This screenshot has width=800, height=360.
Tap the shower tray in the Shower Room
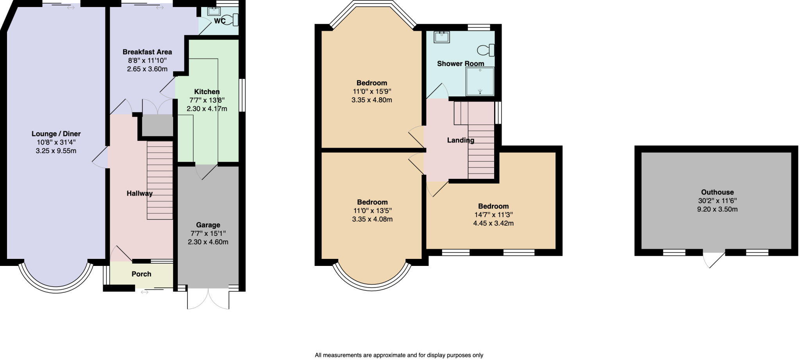[480, 81]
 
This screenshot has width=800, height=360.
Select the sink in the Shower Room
[442, 37]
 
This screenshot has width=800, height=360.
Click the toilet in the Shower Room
[486, 50]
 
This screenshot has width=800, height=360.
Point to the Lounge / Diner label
[56, 134]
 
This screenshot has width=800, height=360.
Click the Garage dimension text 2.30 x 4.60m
[208, 242]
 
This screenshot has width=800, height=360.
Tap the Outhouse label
[717, 192]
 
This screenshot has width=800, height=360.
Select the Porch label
[141, 274]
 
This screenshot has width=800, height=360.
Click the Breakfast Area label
[147, 52]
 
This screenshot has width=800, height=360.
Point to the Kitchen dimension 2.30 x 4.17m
[207, 109]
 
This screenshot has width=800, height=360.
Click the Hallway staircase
[160, 180]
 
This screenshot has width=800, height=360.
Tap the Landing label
[461, 140]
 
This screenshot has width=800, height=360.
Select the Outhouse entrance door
[714, 260]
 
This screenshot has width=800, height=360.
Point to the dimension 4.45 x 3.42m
[493, 223]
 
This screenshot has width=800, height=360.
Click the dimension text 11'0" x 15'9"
[371, 91]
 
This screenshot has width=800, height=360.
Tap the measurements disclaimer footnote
[399, 355]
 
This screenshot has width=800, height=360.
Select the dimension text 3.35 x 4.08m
[372, 219]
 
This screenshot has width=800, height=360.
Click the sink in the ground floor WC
[214, 11]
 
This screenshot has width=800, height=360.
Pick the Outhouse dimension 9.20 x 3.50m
[717, 209]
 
